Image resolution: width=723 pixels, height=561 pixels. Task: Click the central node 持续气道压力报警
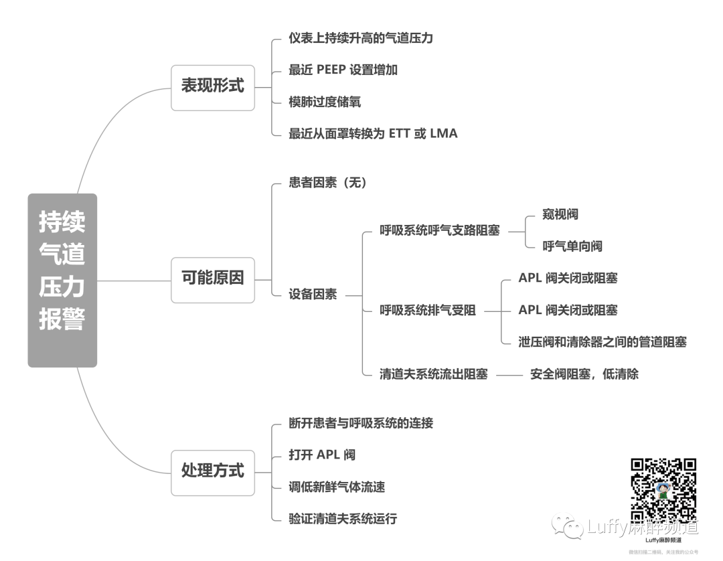tap(62, 280)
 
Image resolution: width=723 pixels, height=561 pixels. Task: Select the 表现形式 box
tap(213, 86)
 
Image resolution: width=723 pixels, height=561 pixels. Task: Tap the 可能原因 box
tap(213, 278)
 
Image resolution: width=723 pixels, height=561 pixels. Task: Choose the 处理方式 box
tap(213, 471)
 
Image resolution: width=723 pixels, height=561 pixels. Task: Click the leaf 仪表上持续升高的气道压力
tap(361, 38)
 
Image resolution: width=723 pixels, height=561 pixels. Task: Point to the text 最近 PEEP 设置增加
tap(343, 70)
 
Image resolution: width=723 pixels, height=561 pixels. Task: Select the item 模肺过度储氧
tap(325, 102)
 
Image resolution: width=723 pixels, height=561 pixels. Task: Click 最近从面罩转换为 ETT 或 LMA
tap(373, 133)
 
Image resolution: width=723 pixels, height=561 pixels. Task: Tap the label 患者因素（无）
tap(329, 182)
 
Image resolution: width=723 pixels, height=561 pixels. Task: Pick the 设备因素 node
tap(313, 295)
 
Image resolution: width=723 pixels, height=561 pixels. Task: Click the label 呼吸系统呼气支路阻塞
tap(440, 231)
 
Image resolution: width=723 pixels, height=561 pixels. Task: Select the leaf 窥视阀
tap(560, 214)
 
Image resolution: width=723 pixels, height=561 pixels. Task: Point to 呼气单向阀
tap(572, 246)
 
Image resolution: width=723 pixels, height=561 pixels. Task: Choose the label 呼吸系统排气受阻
tap(428, 311)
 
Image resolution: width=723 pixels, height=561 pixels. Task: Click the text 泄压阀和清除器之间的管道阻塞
tap(602, 342)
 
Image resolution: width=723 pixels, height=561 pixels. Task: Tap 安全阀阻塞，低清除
tap(584, 374)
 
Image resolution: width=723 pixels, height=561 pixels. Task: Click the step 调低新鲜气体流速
tap(337, 487)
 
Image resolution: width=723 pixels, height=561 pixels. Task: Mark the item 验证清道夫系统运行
tap(343, 519)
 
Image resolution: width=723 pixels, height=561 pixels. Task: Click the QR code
tap(663, 491)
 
